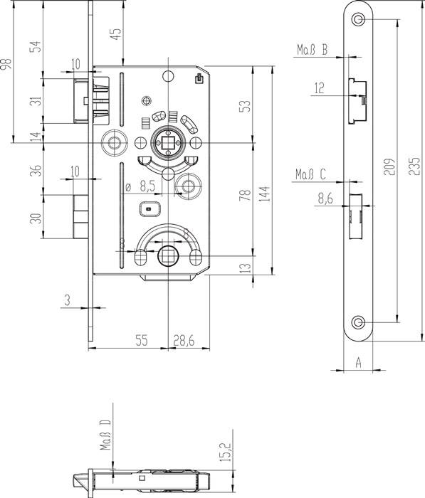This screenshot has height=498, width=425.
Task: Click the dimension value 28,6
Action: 184,341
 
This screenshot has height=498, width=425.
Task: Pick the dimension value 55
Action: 141,341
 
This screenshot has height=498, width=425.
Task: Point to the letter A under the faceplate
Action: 359,362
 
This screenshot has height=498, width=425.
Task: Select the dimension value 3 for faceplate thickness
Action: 66,301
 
